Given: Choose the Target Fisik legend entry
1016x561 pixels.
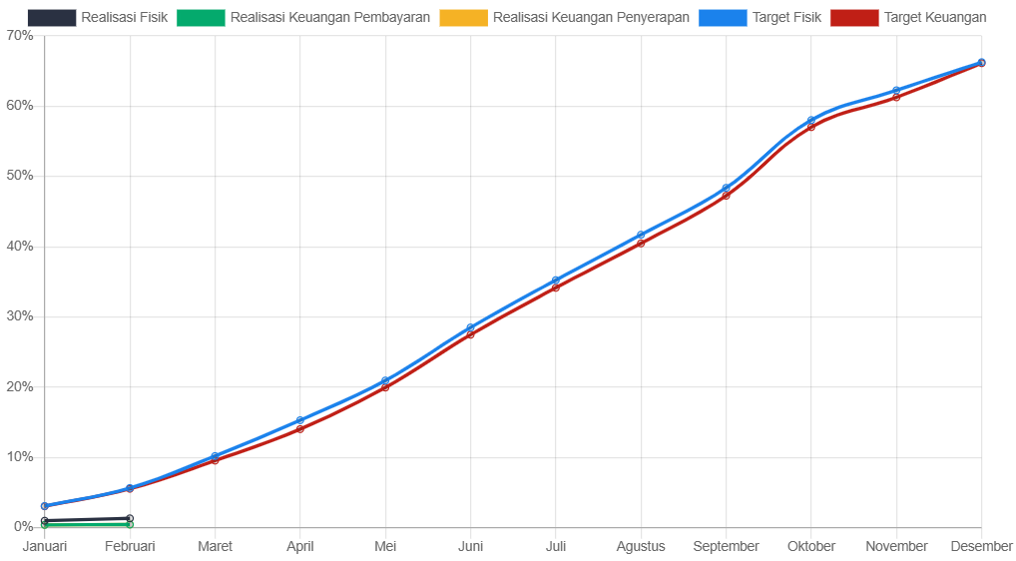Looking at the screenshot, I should pyautogui.click(x=761, y=17).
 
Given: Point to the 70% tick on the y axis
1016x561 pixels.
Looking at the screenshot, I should pyautogui.click(x=20, y=35).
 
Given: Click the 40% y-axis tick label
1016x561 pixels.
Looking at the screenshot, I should pyautogui.click(x=20, y=246).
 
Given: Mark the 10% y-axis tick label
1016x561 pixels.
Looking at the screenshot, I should pyautogui.click(x=20, y=456).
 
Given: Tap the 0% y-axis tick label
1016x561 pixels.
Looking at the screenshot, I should pyautogui.click(x=23, y=526).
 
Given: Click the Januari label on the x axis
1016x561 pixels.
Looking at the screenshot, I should pyautogui.click(x=45, y=546).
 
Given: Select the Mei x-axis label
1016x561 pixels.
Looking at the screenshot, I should pyautogui.click(x=385, y=546).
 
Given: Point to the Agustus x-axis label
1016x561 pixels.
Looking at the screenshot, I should pyautogui.click(x=641, y=546).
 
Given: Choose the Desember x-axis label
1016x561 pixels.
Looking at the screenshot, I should pyautogui.click(x=981, y=546).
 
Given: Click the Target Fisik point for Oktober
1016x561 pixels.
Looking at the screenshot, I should pyautogui.click(x=811, y=120).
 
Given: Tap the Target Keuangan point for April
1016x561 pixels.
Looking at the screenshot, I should pyautogui.click(x=300, y=428).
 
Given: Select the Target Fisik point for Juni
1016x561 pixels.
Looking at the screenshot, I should pyautogui.click(x=471, y=327).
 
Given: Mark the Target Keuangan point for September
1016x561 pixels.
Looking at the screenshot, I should pyautogui.click(x=726, y=194).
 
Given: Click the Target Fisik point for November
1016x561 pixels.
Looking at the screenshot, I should pyautogui.click(x=896, y=91).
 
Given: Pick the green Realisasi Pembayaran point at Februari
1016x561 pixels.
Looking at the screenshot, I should pyautogui.click(x=130, y=524).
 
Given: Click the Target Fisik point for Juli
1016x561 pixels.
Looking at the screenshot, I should pyautogui.click(x=556, y=280).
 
